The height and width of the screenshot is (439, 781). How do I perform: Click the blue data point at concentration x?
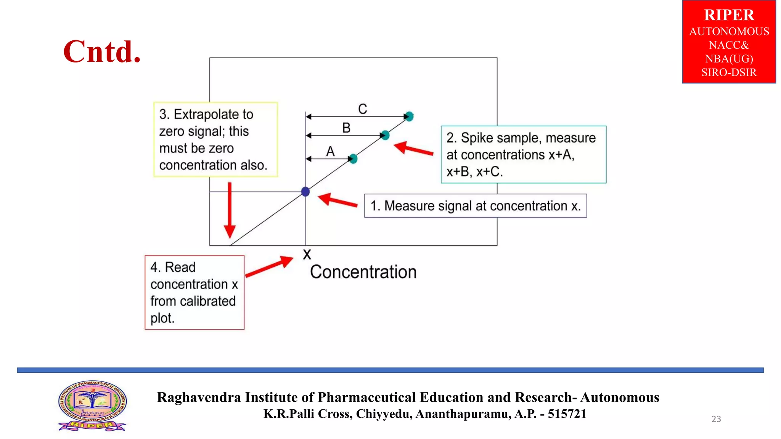point(305,192)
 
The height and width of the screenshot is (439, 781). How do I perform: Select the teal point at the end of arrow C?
point(409,116)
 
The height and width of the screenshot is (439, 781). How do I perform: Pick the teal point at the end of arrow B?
point(385,135)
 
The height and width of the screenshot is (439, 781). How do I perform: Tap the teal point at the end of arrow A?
point(353,159)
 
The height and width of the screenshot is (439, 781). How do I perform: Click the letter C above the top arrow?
point(363,109)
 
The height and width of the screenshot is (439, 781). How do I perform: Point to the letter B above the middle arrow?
point(346,128)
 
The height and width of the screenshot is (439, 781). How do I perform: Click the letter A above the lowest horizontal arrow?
point(330,152)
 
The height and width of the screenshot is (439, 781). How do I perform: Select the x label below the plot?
point(307,255)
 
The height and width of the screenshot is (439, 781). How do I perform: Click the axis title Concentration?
point(363,272)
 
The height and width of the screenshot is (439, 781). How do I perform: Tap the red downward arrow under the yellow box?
point(230,210)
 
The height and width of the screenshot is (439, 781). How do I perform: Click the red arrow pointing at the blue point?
point(337,201)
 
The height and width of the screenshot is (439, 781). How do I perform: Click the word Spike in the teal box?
point(475,138)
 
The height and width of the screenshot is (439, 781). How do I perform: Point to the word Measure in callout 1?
point(409,206)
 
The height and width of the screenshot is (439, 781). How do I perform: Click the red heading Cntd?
point(102,51)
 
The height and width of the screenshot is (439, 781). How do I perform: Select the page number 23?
point(716,419)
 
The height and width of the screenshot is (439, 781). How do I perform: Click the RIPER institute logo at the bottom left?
point(92,406)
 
